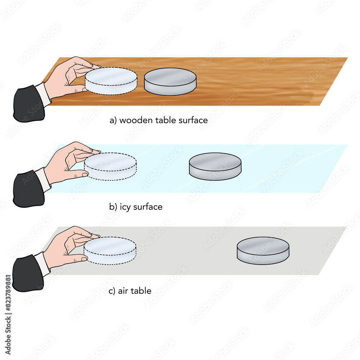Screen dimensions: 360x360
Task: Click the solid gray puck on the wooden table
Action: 170,82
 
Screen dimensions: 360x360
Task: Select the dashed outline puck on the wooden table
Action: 111,81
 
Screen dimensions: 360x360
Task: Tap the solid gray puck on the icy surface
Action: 215,166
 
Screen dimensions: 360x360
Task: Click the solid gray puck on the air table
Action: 263,251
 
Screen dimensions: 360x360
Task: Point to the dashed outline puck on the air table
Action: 110,251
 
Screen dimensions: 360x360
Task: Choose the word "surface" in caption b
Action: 148,207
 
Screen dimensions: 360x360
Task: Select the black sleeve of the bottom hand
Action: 27,274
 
